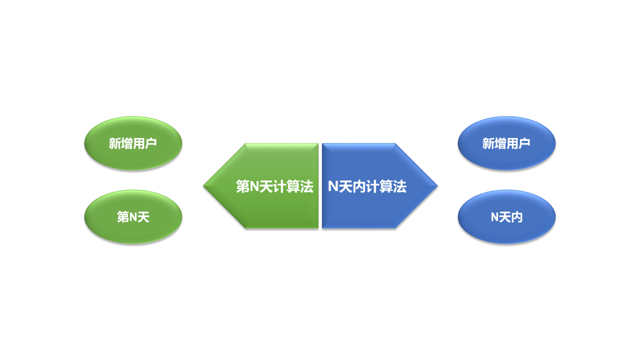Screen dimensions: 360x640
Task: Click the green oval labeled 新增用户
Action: pyautogui.click(x=133, y=143)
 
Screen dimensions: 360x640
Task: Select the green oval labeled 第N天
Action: pyautogui.click(x=133, y=217)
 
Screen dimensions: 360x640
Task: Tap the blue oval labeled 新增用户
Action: pyautogui.click(x=506, y=143)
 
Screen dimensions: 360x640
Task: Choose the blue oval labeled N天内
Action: pyautogui.click(x=506, y=217)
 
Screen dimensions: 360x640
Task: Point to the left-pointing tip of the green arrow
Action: pyautogui.click(x=204, y=186)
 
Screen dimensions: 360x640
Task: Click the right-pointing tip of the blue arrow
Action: pyautogui.click(x=436, y=186)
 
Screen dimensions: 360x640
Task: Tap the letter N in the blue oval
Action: pyautogui.click(x=494, y=217)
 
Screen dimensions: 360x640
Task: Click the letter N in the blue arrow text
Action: pyautogui.click(x=333, y=186)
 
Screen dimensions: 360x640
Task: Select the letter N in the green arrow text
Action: pyautogui.click(x=254, y=186)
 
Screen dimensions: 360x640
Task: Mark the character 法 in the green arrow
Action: pyautogui.click(x=307, y=186)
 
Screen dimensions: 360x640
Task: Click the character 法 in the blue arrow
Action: pyautogui.click(x=399, y=186)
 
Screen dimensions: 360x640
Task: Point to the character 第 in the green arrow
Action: pyautogui.click(x=242, y=186)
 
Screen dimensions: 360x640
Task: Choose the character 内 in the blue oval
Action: pyautogui.click(x=516, y=217)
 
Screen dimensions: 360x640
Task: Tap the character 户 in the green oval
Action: pyautogui.click(x=151, y=143)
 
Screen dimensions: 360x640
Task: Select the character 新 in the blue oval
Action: pyautogui.click(x=488, y=143)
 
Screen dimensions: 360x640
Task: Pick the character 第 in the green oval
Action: pyautogui.click(x=123, y=217)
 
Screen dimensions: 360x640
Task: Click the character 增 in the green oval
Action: pyautogui.click(x=127, y=143)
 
